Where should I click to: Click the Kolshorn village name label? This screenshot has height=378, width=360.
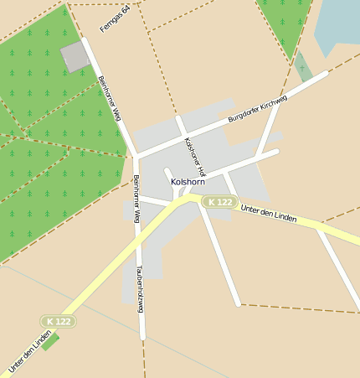[188, 181]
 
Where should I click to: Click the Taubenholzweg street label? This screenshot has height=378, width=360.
[140, 289]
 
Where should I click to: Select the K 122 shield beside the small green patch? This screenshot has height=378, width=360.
[59, 321]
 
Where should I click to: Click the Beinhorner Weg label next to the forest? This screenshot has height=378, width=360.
[110, 98]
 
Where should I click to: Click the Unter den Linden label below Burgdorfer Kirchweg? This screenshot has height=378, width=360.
[268, 213]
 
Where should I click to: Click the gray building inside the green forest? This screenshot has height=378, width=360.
[75, 57]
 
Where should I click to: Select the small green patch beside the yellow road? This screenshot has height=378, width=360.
[50, 341]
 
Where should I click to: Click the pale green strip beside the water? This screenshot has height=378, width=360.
[303, 67]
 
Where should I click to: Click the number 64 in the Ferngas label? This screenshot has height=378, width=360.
[126, 10]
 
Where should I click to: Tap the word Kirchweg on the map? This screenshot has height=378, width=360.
[273, 105]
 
